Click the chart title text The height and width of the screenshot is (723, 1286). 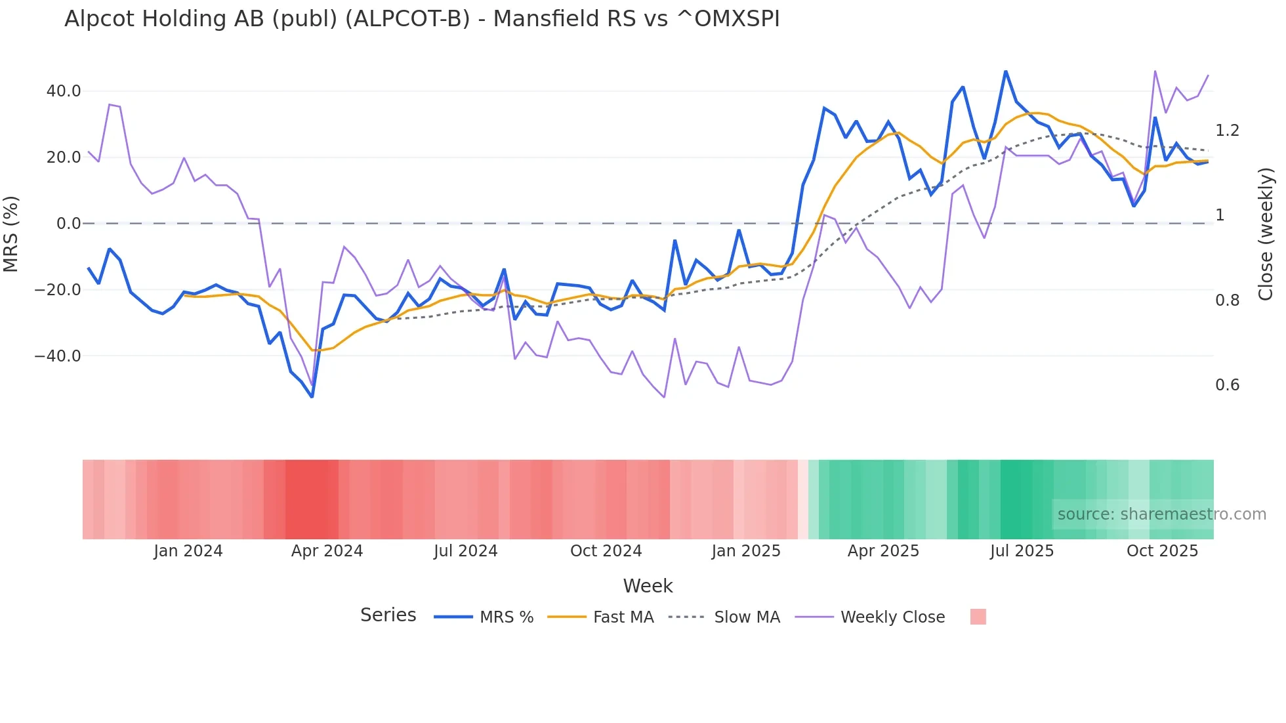pos(422,19)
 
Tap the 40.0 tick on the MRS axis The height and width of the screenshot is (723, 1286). pos(64,91)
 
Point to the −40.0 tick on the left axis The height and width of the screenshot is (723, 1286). pos(58,356)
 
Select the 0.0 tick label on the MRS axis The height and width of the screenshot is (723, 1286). pos(69,224)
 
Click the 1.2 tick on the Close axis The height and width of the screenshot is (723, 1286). pos(1227,131)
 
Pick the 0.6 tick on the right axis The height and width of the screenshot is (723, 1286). pos(1227,385)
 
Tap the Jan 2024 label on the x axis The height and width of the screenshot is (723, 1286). pos(188,551)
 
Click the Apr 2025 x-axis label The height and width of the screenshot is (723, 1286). pos(883,551)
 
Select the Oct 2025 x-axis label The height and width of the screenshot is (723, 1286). pos(1162,551)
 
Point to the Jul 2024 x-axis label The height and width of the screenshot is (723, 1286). pos(466,551)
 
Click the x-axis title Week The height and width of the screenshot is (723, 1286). pos(648,586)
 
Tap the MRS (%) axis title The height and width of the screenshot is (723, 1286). pos(11,234)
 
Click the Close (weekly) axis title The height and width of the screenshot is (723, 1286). pos(1266,234)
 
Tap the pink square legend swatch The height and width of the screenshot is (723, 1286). pos(978,617)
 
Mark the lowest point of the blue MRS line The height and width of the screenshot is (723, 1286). pos(312,397)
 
